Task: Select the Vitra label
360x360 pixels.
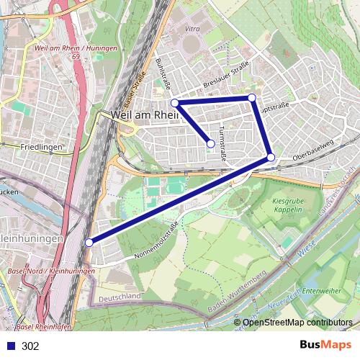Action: (x=192, y=29)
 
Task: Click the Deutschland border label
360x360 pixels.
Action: (x=120, y=296)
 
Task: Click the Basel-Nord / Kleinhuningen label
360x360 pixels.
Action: (x=50, y=270)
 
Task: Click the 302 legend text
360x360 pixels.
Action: (x=30, y=346)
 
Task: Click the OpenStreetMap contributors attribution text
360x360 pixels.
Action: (x=297, y=323)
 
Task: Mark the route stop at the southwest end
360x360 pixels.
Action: (x=89, y=243)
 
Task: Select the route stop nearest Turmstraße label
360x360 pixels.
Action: (x=210, y=144)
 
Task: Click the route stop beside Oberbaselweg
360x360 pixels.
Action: (x=271, y=157)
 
